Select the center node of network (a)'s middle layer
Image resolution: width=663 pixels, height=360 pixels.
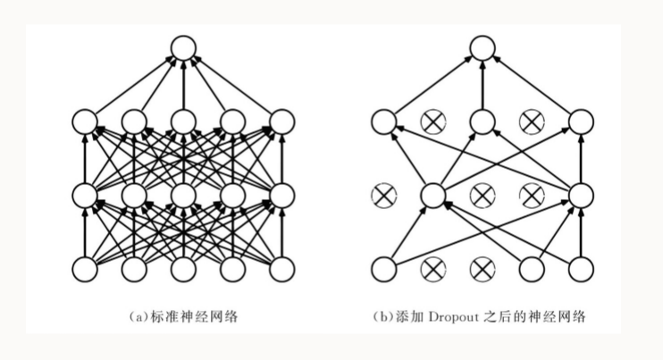click(183, 194)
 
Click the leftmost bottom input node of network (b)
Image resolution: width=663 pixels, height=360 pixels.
click(383, 267)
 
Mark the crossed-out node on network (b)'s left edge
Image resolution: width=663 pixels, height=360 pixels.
click(383, 194)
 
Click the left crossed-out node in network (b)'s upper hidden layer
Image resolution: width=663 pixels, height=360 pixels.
click(433, 121)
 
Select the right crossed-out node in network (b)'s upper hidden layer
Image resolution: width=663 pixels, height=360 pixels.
click(533, 121)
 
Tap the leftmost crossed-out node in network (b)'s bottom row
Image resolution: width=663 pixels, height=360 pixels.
click(433, 267)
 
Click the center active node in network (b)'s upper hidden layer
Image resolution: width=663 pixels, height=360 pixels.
click(483, 121)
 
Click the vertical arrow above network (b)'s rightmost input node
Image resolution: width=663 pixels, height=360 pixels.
click(582, 230)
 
